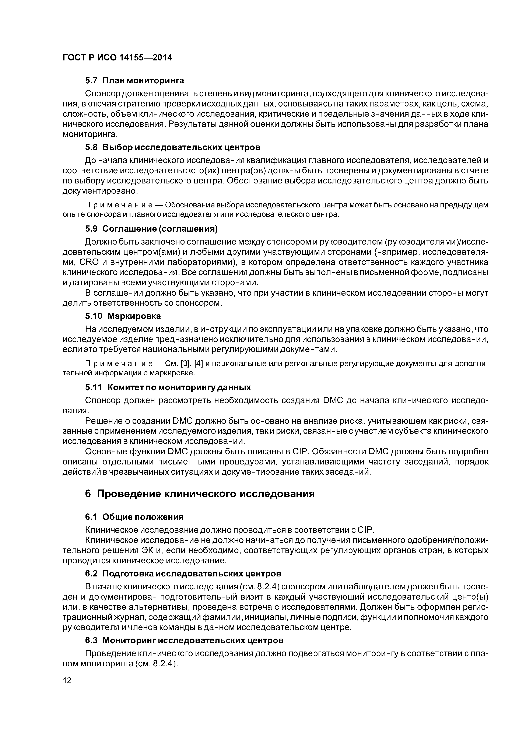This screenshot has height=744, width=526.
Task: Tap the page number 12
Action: (x=67, y=689)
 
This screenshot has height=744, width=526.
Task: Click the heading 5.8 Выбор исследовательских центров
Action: (x=172, y=147)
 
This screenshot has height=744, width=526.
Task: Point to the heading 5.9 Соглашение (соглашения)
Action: (x=151, y=229)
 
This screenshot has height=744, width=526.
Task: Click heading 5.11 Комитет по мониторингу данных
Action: (x=168, y=387)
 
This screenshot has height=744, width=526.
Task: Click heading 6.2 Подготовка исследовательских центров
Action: (x=183, y=573)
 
